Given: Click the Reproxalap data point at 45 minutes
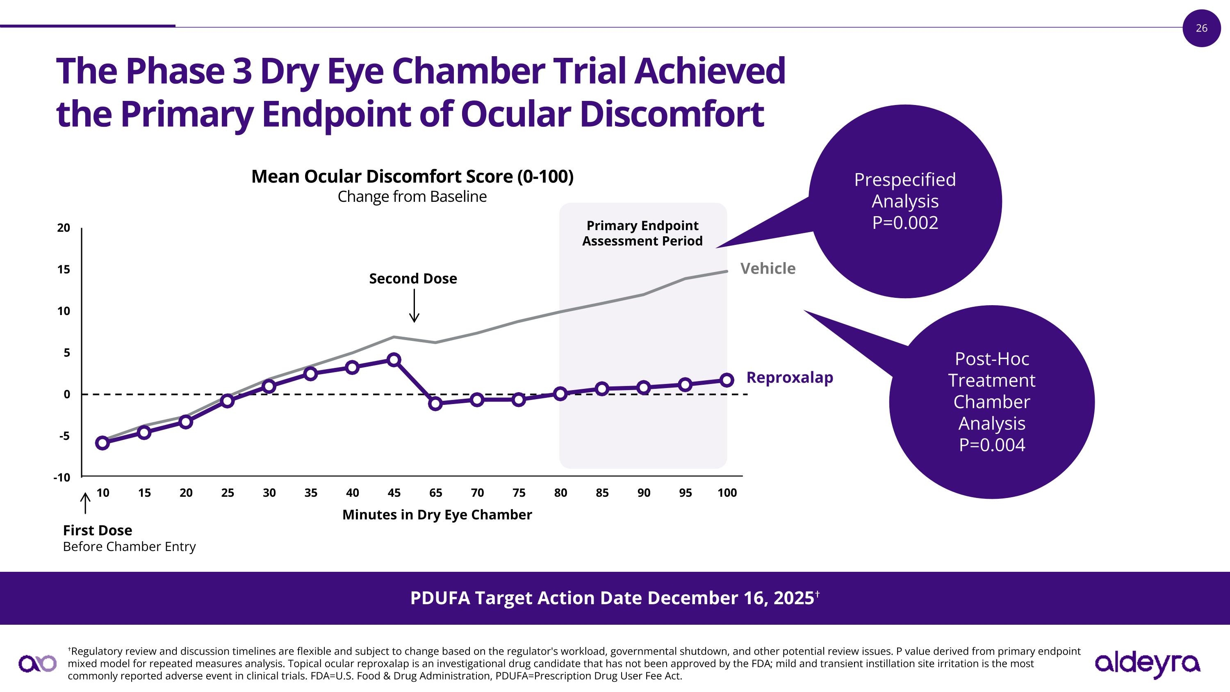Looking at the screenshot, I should click(x=394, y=360).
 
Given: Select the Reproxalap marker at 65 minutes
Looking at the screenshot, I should click(x=435, y=404).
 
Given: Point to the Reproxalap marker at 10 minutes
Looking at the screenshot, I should click(x=102, y=443).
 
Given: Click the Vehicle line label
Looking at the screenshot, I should click(x=768, y=268).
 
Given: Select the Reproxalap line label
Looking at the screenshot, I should click(x=789, y=377).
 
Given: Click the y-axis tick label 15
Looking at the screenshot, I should click(x=64, y=269).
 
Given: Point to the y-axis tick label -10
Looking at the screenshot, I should click(x=61, y=477).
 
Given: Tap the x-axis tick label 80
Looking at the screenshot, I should click(x=560, y=493).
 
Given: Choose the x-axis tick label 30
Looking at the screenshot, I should click(x=269, y=493).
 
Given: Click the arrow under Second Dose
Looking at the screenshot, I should click(x=415, y=306).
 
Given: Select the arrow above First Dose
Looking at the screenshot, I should click(x=85, y=503).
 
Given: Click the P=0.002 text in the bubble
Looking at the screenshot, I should click(x=905, y=223).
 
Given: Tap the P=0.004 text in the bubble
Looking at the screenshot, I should click(x=992, y=445).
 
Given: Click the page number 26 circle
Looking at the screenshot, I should click(x=1201, y=28).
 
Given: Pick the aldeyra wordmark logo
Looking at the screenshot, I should click(x=1147, y=663).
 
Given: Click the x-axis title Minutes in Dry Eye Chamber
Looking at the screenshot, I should click(x=437, y=515).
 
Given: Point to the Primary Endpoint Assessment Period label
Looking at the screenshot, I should click(x=642, y=233).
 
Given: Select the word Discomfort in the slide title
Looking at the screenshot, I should click(x=671, y=114).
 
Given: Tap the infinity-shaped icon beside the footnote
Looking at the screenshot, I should click(x=37, y=663).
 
